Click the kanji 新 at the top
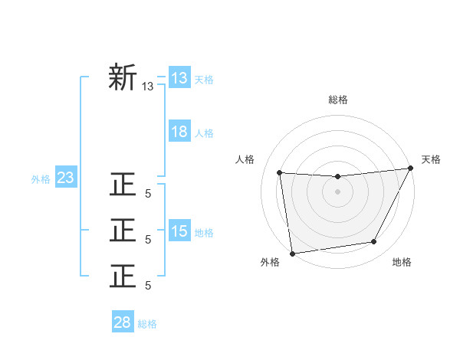click(x=123, y=78)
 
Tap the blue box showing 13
click(x=179, y=77)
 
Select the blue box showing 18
click(x=179, y=132)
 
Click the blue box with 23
click(x=66, y=178)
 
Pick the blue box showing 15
click(x=179, y=231)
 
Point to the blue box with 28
click(x=123, y=322)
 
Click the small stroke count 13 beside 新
click(x=148, y=87)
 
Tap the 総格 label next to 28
click(x=147, y=324)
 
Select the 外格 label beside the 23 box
click(x=41, y=179)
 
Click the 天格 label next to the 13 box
click(x=204, y=79)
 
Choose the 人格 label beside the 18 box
click(x=204, y=133)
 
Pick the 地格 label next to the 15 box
click(x=204, y=233)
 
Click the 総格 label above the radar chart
click(x=337, y=100)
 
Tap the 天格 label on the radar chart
click(x=431, y=159)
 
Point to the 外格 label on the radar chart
click(x=270, y=262)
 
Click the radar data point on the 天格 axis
click(x=411, y=169)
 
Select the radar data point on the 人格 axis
click(x=280, y=172)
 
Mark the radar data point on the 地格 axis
click(x=374, y=242)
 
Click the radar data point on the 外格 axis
click(x=292, y=254)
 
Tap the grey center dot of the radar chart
click(x=337, y=191)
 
